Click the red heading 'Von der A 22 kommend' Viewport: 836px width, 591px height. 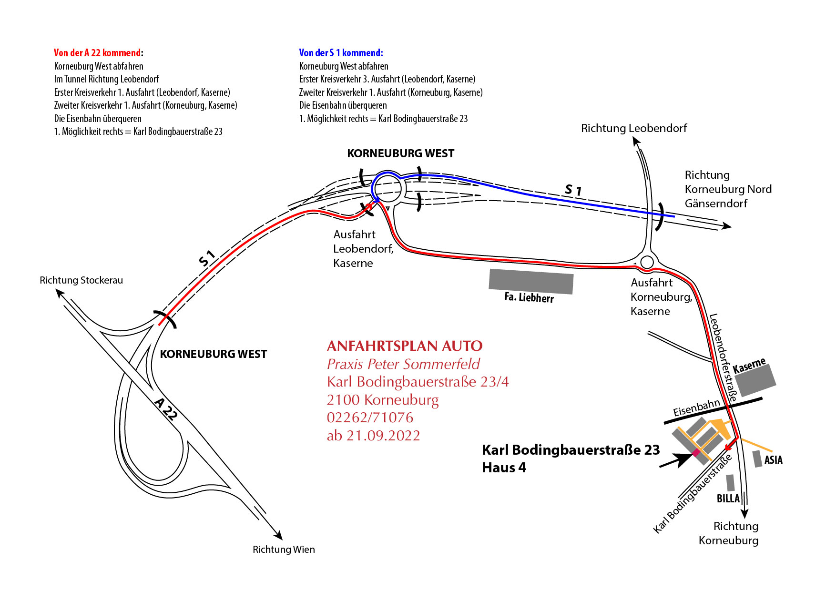click(98, 53)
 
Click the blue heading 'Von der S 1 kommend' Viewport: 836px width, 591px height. click(341, 53)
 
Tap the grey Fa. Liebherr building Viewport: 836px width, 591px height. click(531, 282)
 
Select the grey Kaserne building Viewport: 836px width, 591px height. click(755, 381)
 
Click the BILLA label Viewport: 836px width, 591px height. click(728, 499)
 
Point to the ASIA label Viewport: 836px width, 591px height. click(773, 460)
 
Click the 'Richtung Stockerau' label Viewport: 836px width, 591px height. click(81, 280)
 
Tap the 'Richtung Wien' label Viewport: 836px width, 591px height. click(284, 550)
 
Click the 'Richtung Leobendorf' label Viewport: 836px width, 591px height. click(634, 128)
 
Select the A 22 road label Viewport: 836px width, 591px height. click(166, 409)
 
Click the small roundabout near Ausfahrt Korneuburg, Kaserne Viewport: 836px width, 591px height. click(647, 262)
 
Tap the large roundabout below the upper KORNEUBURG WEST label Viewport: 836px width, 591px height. click(388, 188)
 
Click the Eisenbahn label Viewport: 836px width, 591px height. click(696, 408)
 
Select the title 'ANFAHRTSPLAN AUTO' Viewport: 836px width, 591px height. click(405, 346)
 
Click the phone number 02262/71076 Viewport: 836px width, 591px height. click(370, 418)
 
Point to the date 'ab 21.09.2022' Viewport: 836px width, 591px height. click(373, 436)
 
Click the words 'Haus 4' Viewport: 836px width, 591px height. click(504, 468)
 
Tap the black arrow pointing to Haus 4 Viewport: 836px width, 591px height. click(676, 460)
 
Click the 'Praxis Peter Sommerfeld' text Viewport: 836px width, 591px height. click(403, 364)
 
